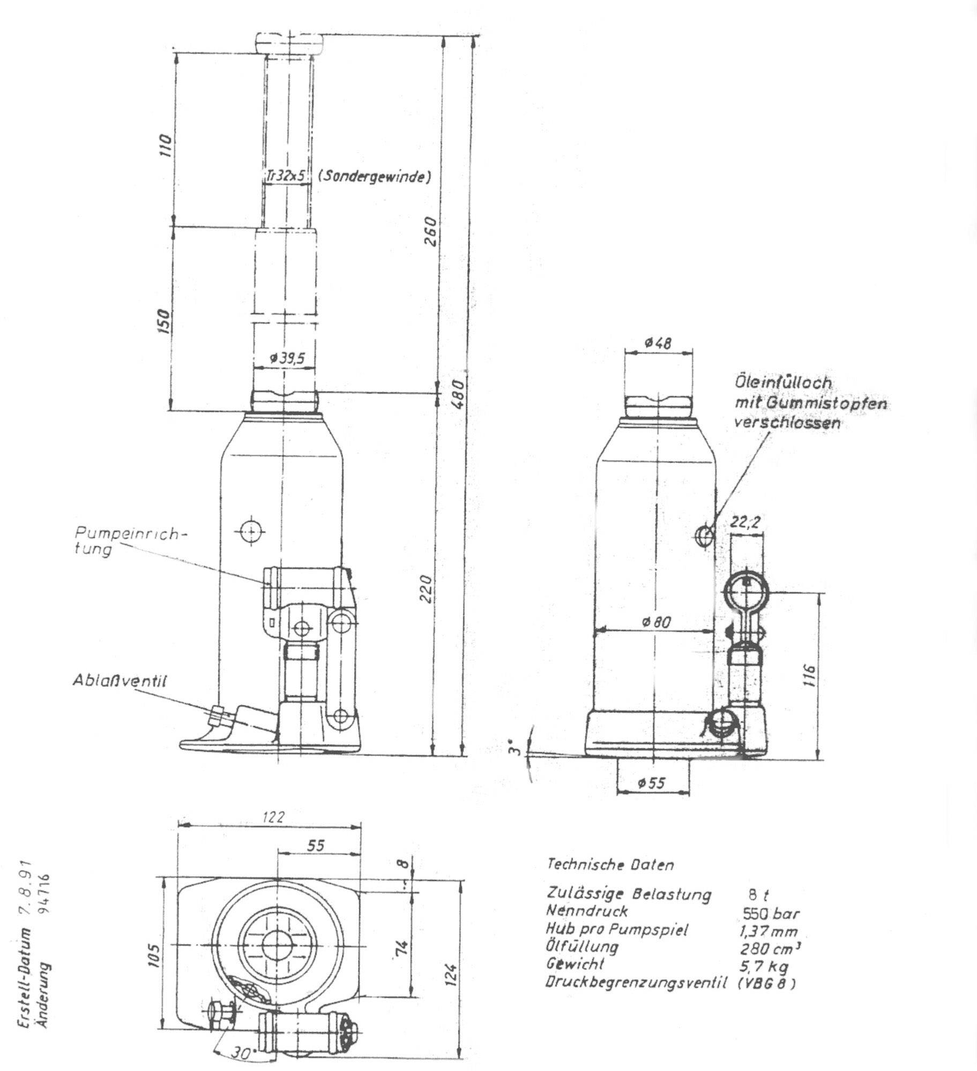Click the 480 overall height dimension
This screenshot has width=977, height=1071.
click(457, 394)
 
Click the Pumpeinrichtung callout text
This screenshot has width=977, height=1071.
click(131, 541)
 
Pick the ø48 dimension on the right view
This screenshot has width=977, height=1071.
click(658, 343)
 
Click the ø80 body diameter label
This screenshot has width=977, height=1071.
click(657, 622)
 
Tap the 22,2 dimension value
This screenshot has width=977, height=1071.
click(747, 522)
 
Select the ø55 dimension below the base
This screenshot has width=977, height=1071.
click(651, 783)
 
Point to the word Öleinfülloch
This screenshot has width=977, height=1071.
click(783, 382)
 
